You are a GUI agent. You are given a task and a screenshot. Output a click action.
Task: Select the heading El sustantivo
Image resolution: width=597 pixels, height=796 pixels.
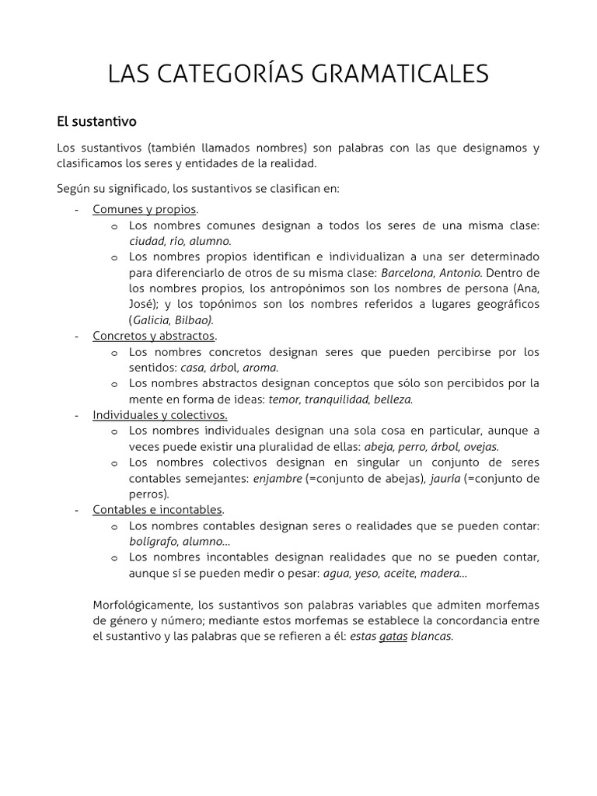tap(96, 121)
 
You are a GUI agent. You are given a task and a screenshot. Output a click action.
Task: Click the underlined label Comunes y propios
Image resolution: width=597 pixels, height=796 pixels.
tap(145, 209)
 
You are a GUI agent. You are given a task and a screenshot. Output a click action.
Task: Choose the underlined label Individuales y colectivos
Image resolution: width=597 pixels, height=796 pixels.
tap(159, 415)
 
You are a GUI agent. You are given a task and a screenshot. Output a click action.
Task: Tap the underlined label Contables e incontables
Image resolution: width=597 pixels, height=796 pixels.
tap(158, 510)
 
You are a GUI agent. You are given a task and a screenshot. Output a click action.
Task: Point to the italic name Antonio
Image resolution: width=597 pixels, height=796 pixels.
tap(462, 273)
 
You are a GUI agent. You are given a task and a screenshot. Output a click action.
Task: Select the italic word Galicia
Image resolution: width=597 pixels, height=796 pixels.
tap(149, 320)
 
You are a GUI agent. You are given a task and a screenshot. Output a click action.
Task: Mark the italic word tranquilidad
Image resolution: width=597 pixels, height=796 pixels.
tap(337, 400)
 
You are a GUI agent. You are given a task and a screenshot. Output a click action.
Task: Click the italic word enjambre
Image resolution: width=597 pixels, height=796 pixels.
tap(278, 479)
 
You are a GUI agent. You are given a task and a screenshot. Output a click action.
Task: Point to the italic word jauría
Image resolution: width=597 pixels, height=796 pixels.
tap(445, 479)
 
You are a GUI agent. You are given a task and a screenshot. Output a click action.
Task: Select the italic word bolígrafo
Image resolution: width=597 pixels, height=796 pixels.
tap(153, 542)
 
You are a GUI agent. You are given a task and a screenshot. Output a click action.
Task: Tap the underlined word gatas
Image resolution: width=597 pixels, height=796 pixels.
tap(393, 637)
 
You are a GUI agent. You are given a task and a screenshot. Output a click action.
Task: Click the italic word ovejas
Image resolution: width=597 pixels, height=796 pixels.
tap(480, 447)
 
